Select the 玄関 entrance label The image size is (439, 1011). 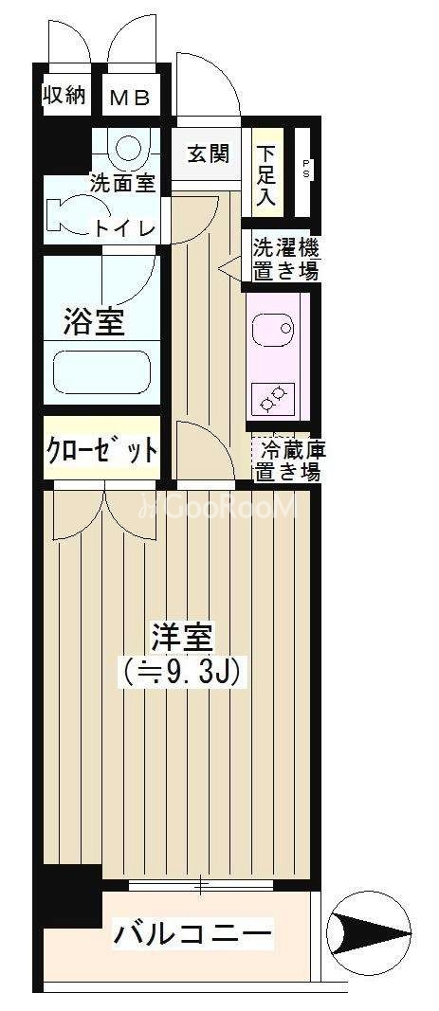[208, 153]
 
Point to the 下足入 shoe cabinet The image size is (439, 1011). [264, 175]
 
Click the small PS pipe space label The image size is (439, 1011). [306, 169]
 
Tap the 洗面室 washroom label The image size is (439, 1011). [121, 183]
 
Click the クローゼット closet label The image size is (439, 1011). [101, 449]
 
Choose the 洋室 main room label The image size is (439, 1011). [181, 636]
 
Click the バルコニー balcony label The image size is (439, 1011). [192, 933]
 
